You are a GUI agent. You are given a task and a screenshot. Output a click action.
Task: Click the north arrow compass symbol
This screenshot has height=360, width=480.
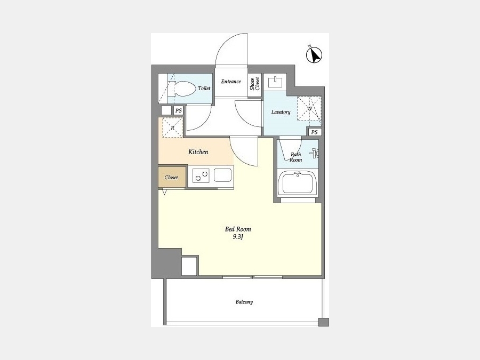(x=314, y=55)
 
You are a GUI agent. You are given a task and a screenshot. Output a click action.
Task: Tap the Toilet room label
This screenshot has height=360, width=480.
(x=204, y=89)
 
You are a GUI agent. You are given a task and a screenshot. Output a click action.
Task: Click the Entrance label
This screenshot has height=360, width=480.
(x=231, y=82)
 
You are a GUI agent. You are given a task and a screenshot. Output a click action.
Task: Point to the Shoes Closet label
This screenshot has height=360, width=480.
(x=255, y=84)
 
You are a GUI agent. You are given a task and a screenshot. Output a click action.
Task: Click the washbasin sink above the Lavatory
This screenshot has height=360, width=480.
(x=275, y=82)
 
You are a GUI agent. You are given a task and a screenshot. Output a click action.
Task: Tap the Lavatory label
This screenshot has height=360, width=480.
(x=281, y=112)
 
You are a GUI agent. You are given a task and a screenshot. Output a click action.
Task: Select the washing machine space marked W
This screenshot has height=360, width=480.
(x=309, y=109)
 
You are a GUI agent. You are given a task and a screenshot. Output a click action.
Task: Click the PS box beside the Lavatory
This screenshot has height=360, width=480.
(x=314, y=132)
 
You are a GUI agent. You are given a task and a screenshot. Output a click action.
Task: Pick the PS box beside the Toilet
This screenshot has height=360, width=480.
(x=178, y=110)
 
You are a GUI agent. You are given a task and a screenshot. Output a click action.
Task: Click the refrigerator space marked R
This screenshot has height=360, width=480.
(x=172, y=127)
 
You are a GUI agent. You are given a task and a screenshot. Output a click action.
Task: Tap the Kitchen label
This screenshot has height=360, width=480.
(x=198, y=152)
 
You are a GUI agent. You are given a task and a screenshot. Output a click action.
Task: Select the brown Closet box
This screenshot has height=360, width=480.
(x=172, y=177)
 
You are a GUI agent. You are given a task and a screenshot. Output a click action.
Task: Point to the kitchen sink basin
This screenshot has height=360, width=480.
(x=222, y=175)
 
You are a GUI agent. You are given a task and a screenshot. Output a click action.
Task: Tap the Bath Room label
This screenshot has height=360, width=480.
(x=296, y=157)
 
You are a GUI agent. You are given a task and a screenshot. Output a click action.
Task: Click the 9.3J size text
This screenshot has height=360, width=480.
(x=238, y=237)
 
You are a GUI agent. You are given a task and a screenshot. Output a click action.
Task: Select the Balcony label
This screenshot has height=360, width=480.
(x=244, y=302)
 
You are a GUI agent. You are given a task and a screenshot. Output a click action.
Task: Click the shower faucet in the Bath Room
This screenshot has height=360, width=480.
(x=316, y=153)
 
